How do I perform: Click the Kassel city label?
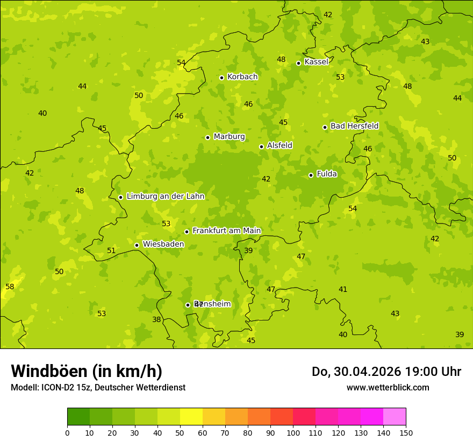316,62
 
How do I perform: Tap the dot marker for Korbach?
221,78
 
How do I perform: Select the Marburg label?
229,137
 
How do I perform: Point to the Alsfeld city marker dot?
261,146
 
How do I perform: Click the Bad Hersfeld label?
354,126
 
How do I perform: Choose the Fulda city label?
327,174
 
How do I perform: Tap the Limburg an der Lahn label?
166,197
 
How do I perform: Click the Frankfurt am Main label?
226,231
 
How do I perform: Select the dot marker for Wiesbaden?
137,245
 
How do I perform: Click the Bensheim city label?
213,304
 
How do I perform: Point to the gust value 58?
10,287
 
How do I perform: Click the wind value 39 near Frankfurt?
248,250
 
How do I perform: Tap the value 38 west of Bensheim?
156,319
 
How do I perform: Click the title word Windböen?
48,371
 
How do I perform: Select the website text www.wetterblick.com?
388,387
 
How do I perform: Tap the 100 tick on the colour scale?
293,432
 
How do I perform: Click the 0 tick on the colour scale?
67,432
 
